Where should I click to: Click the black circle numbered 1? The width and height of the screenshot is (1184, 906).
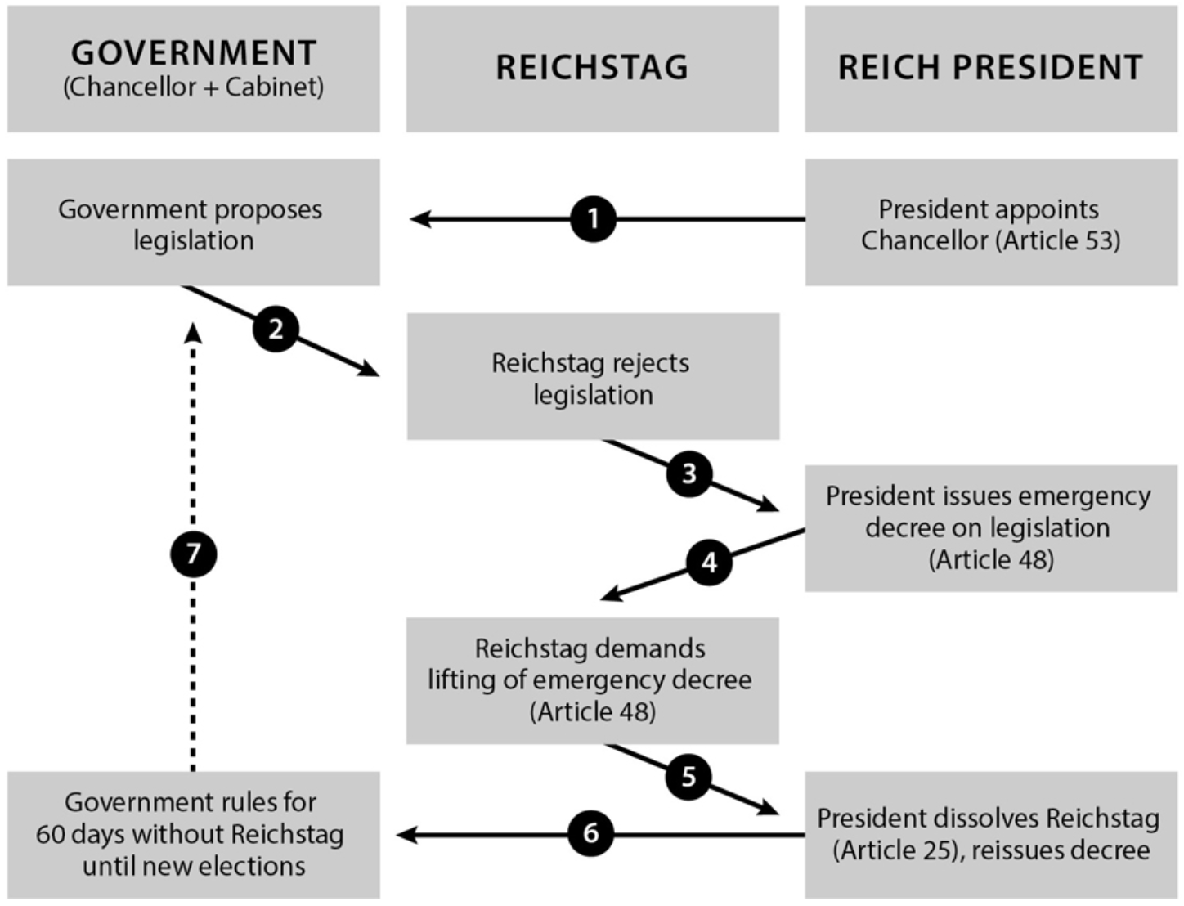(593, 219)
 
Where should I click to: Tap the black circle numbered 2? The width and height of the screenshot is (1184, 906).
(276, 329)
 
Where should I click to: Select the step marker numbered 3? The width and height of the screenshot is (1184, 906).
(688, 473)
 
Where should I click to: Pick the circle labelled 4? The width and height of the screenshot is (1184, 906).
(709, 562)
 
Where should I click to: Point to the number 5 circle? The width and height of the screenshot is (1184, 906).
(688, 776)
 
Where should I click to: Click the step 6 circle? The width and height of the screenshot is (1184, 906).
(590, 833)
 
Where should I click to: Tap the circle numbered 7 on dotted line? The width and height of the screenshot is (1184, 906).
(193, 554)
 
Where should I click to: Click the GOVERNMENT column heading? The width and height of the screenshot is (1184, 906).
(194, 54)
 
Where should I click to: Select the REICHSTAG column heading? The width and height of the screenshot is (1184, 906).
(592, 68)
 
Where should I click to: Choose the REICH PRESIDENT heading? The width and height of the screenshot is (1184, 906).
(990, 68)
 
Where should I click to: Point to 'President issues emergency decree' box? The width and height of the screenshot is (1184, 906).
(990, 527)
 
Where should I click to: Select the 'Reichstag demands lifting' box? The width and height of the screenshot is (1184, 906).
(592, 680)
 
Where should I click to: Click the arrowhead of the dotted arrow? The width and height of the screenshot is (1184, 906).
(193, 332)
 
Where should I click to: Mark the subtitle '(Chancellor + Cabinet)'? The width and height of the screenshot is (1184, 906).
(194, 87)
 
